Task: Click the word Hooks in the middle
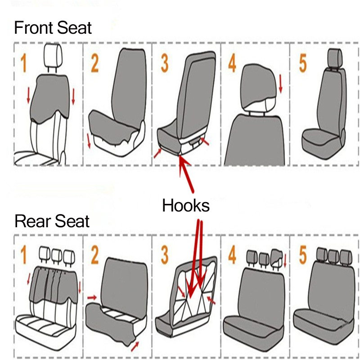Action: (x=186, y=206)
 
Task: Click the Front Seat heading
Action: (x=53, y=28)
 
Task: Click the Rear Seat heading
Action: (x=52, y=221)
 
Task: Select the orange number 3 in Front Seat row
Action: (x=165, y=64)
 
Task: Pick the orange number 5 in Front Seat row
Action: (x=303, y=64)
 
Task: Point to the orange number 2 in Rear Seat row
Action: (x=94, y=256)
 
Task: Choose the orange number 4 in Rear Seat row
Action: (x=232, y=256)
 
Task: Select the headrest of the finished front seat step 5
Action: (x=335, y=57)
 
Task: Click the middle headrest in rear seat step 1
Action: (x=57, y=256)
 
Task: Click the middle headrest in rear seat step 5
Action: (x=333, y=255)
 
